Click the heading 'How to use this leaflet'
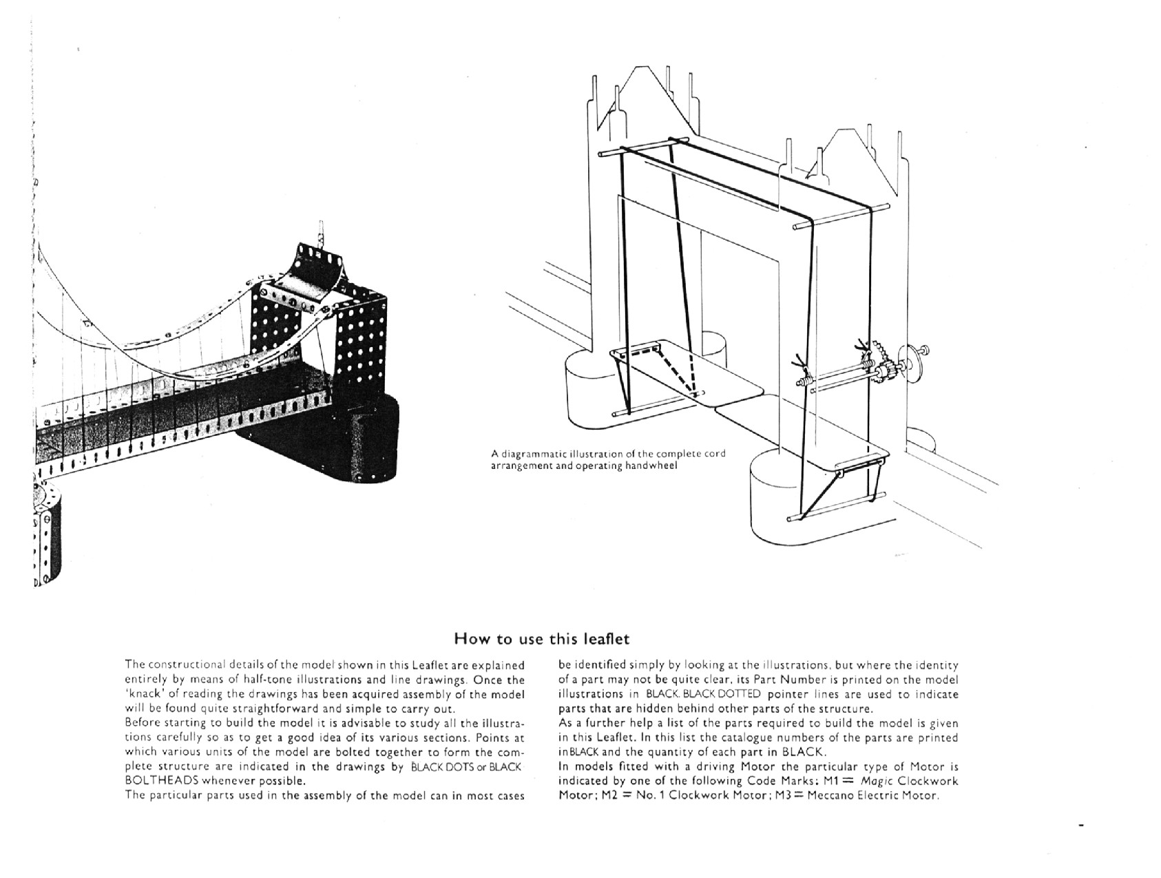tap(541, 639)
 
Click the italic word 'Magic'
tap(876, 781)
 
